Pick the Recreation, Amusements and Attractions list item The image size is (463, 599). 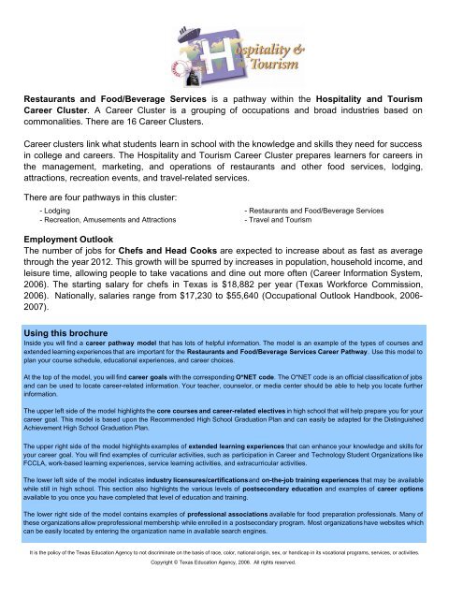pos(107,225)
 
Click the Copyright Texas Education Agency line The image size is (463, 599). pos(231,590)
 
